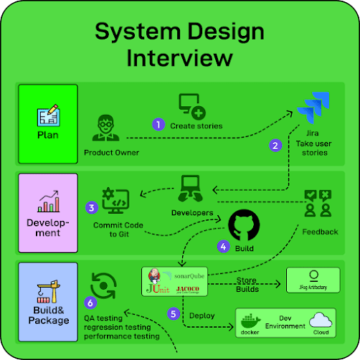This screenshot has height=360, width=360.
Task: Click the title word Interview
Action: pos(179,57)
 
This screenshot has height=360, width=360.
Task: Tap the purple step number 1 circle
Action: pos(158,124)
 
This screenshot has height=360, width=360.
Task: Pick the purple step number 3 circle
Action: pos(91,208)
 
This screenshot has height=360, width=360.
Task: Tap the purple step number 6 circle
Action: pos(90,303)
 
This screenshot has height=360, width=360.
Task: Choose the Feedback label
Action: pos(320,232)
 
